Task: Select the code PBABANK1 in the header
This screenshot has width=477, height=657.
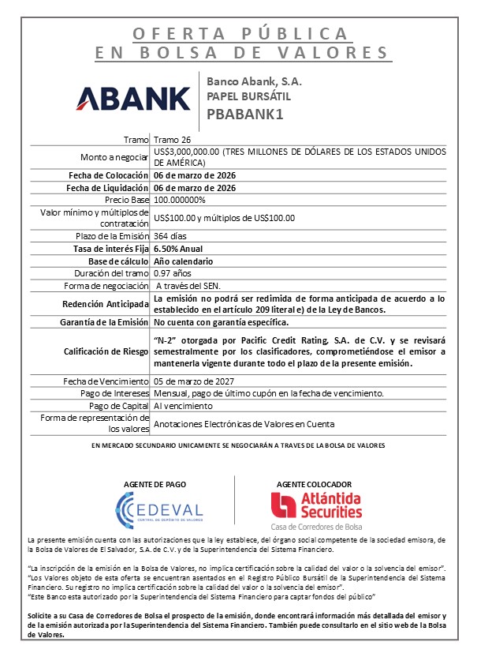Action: coord(244,113)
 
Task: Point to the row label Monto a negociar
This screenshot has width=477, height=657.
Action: coord(115,156)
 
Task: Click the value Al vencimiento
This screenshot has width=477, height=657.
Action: coord(183,405)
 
